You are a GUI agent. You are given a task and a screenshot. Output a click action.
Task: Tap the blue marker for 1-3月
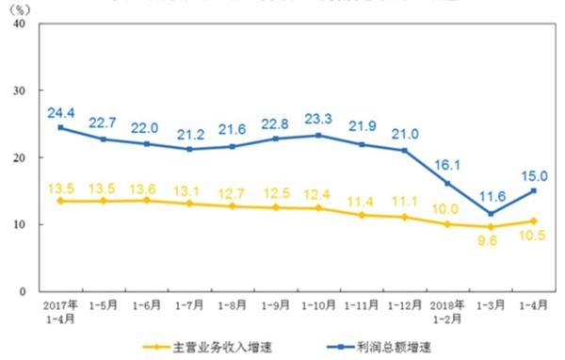491,214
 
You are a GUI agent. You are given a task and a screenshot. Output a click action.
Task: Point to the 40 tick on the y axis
19,24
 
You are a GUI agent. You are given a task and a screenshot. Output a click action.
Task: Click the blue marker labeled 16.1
447,183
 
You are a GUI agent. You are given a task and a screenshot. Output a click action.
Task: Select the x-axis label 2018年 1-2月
447,313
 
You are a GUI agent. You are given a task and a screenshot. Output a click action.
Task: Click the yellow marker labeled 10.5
533,221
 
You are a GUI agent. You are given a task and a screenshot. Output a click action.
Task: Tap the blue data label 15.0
533,174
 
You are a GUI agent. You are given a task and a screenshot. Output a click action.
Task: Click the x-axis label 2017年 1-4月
61,313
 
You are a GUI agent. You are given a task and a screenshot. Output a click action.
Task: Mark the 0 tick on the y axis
22,291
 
